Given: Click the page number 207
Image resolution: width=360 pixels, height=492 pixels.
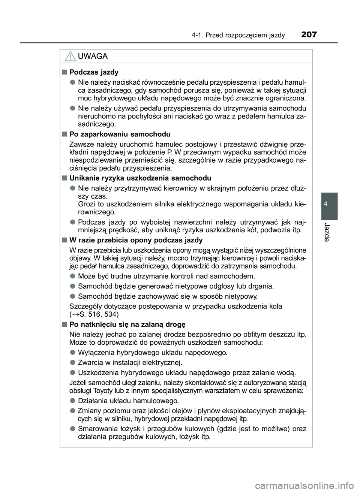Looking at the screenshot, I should tap(309, 35).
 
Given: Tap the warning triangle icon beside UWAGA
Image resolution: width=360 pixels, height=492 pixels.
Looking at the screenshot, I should tap(69, 57).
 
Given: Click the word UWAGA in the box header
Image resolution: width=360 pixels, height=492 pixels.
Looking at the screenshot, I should tap(92, 57).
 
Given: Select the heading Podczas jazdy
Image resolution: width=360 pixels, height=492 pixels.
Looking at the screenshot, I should tap(94, 72).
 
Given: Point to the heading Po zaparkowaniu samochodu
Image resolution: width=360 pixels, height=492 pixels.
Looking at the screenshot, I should tap(120, 134).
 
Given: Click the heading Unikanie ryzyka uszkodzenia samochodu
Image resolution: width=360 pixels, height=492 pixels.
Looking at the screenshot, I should tap(140, 178).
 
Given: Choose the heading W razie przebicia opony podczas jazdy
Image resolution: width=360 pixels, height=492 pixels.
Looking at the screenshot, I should tap(136, 240).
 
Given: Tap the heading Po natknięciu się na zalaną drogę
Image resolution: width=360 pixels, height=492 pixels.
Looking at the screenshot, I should tap(127, 324).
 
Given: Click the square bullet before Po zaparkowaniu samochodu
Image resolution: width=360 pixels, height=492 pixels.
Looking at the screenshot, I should tap(64, 134).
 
